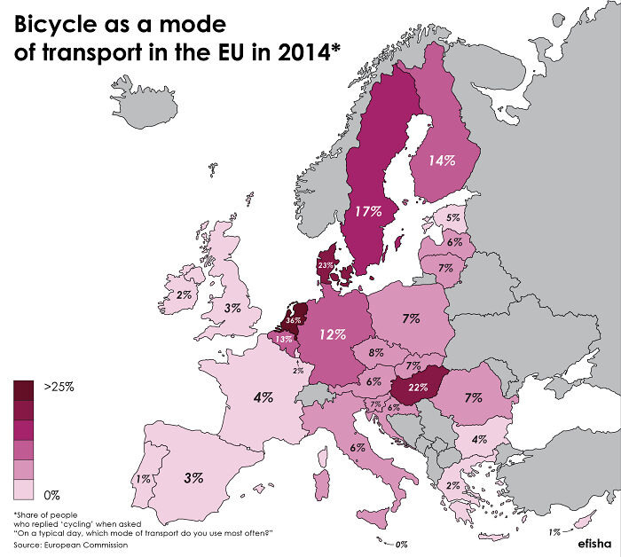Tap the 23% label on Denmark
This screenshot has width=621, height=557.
click(x=326, y=265)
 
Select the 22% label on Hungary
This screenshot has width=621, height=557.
click(x=418, y=387)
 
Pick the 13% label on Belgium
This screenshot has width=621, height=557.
click(x=284, y=339)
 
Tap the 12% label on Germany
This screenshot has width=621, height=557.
click(x=333, y=334)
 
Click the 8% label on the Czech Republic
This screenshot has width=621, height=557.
click(x=376, y=352)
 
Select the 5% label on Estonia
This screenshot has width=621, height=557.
click(x=452, y=217)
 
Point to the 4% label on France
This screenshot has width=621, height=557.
click(x=263, y=396)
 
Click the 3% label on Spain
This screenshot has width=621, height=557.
click(x=193, y=476)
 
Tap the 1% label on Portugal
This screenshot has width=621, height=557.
click(x=142, y=479)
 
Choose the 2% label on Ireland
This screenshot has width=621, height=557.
click(x=185, y=294)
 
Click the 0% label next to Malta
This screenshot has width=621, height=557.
click(x=400, y=544)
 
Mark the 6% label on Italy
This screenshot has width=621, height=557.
click(x=358, y=447)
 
